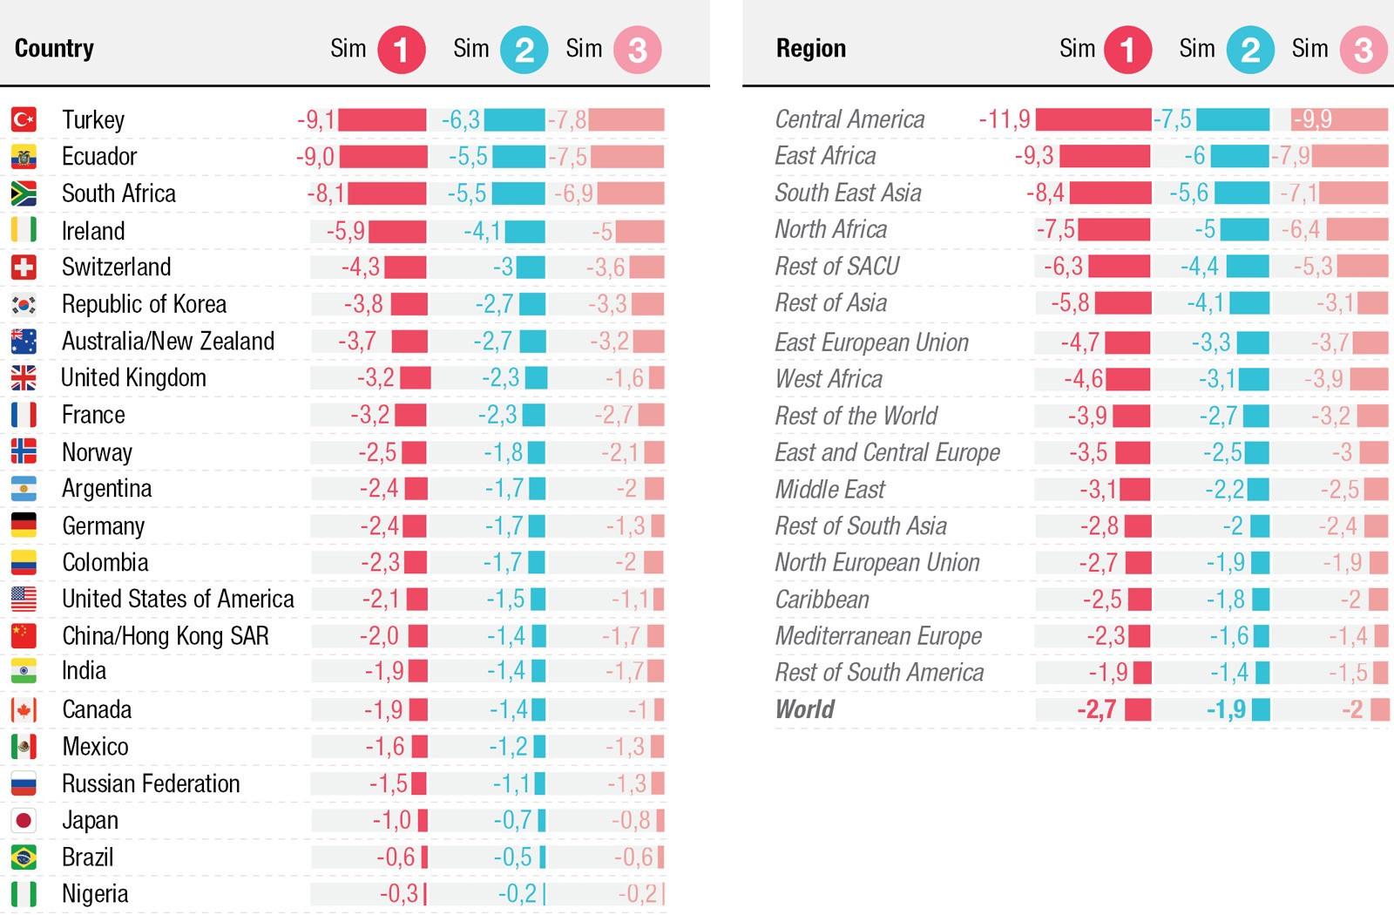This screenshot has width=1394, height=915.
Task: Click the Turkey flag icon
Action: pyautogui.click(x=24, y=119)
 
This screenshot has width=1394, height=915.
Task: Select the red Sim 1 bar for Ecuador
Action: pyautogui.click(x=383, y=157)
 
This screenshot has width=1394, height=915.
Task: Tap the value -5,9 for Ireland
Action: pyautogui.click(x=345, y=231)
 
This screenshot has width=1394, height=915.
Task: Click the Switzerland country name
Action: pyautogui.click(x=116, y=267)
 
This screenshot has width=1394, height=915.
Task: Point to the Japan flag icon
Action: pyautogui.click(x=24, y=820)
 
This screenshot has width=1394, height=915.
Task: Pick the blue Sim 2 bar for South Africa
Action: pyautogui.click(x=518, y=193)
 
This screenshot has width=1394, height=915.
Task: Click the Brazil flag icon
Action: pyautogui.click(x=24, y=857)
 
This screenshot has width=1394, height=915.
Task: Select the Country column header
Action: pyautogui.click(x=54, y=48)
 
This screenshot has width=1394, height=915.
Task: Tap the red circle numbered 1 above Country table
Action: pyautogui.click(x=401, y=50)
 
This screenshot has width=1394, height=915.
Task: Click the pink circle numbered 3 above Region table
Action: pyautogui.click(x=1363, y=50)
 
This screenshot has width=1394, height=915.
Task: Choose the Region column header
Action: pyautogui.click(x=810, y=48)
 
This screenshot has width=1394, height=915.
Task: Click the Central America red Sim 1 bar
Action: pyautogui.click(x=1093, y=119)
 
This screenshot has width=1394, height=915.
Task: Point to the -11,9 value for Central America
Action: pyautogui.click(x=1004, y=119)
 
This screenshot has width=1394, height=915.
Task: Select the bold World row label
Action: pyautogui.click(x=804, y=709)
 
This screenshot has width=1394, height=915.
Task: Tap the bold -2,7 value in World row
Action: pyautogui.click(x=1096, y=710)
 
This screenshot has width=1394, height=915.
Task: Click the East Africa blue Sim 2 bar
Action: pyautogui.click(x=1240, y=156)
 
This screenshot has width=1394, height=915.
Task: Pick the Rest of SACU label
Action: pyautogui.click(x=836, y=266)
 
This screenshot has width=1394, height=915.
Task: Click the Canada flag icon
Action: pyautogui.click(x=24, y=710)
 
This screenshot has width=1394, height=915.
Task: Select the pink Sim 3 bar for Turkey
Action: pyautogui.click(x=626, y=119)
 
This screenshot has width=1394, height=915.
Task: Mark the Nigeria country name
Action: pyautogui.click(x=95, y=894)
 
